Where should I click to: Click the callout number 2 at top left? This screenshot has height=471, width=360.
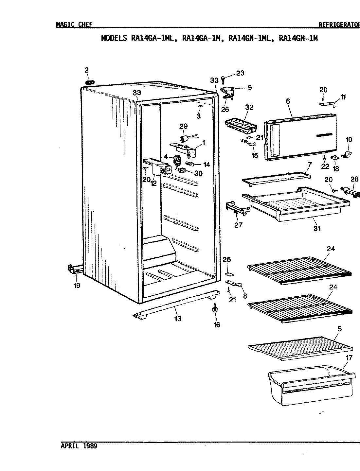(86, 70)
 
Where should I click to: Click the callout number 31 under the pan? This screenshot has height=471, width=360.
(316, 229)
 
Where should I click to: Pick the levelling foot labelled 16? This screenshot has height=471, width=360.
(215, 309)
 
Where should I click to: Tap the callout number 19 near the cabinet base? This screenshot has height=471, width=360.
(77, 285)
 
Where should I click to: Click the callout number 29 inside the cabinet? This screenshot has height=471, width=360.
(183, 126)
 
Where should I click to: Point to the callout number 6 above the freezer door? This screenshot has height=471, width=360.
(288, 101)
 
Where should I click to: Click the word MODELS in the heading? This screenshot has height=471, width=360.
(114, 38)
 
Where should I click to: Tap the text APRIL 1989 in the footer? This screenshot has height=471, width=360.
(79, 446)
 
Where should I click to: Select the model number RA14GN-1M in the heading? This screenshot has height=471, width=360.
(298, 38)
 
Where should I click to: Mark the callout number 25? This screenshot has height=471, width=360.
(226, 260)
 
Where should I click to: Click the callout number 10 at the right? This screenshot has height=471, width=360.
(349, 140)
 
